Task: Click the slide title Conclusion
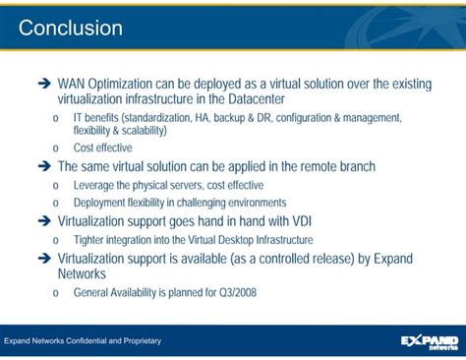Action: click(x=71, y=28)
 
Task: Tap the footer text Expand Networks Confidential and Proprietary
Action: click(x=83, y=341)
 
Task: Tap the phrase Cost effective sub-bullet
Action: click(x=102, y=149)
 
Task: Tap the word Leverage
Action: click(x=94, y=185)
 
